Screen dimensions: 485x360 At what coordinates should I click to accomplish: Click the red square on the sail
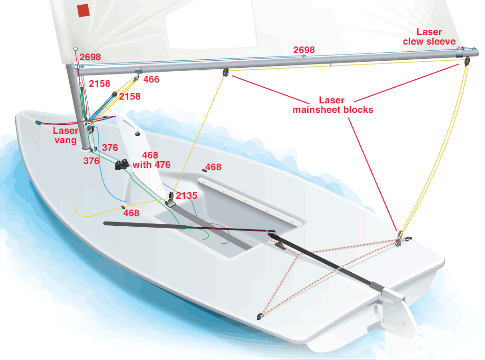coord(83,10)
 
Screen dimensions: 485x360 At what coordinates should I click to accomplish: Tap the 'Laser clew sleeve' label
coord(429,37)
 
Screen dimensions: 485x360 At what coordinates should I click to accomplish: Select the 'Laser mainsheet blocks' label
coord(333,105)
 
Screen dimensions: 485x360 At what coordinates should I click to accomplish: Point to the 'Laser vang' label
coord(65,135)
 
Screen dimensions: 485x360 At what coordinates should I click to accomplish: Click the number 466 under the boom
coord(151,79)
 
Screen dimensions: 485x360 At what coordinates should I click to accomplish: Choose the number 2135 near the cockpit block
coord(186,195)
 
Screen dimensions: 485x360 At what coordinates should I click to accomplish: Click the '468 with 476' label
coord(151,160)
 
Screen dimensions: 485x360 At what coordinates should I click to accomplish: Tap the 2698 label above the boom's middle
coord(304,50)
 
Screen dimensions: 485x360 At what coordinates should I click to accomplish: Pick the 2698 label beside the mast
coord(91,57)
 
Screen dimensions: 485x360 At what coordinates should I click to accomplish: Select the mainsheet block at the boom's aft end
coord(467,61)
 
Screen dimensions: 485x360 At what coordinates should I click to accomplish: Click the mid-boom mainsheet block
coord(226,73)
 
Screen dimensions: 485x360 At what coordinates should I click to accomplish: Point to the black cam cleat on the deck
coord(122,165)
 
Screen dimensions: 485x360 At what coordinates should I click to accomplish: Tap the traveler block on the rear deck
coord(399,239)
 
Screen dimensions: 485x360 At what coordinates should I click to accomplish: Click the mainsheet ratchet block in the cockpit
coord(171,200)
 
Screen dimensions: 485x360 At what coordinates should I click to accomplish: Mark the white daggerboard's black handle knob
coord(137,134)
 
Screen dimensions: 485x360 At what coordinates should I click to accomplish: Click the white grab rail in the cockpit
coord(250,201)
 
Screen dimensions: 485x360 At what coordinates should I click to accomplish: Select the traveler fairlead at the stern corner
coord(259,316)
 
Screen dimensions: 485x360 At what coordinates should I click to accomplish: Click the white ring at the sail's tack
coord(75,49)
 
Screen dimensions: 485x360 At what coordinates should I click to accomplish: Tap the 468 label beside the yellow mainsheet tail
coord(131,213)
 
